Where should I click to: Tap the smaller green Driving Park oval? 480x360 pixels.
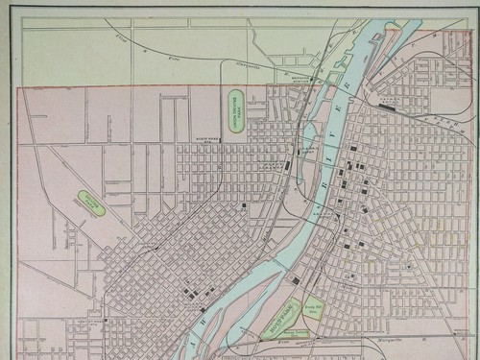pos(92,203)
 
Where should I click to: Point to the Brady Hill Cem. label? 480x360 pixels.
pos(313,308)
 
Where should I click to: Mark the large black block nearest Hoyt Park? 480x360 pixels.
pos(296,279)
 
